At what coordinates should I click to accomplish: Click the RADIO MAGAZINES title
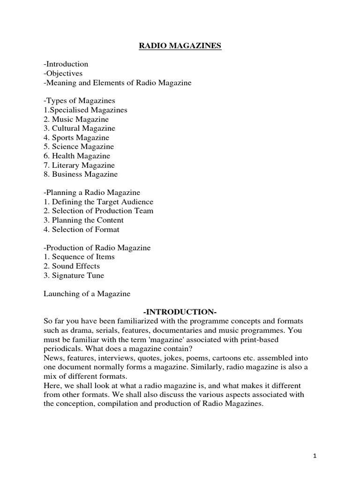click(x=180, y=46)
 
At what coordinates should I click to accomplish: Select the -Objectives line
click(x=63, y=74)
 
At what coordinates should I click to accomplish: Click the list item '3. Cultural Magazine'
click(x=79, y=128)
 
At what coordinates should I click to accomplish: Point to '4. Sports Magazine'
click(x=76, y=138)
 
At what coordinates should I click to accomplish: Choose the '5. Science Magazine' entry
click(x=79, y=147)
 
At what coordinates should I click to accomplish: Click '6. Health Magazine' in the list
click(x=77, y=156)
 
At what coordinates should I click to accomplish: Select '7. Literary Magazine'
click(x=79, y=165)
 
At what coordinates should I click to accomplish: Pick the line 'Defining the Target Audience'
click(x=98, y=202)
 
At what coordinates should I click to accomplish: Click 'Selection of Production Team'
click(x=98, y=211)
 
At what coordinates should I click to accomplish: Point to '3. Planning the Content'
click(x=83, y=220)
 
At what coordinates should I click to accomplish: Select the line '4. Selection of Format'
click(x=82, y=230)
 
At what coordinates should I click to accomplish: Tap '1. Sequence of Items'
click(x=79, y=257)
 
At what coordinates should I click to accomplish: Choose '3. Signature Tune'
click(x=74, y=276)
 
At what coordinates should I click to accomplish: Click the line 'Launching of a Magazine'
click(x=87, y=294)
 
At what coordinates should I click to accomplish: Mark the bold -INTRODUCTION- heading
click(x=180, y=312)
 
